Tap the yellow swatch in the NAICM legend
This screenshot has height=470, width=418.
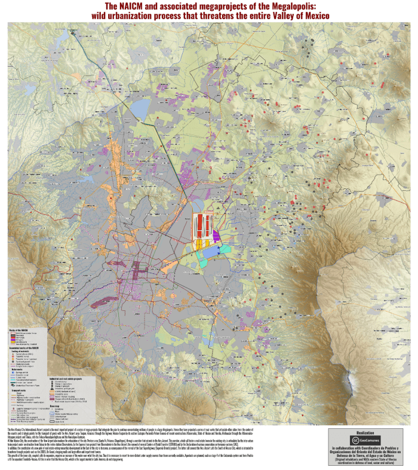[12, 342]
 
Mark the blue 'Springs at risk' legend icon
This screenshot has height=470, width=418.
[12, 372]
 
